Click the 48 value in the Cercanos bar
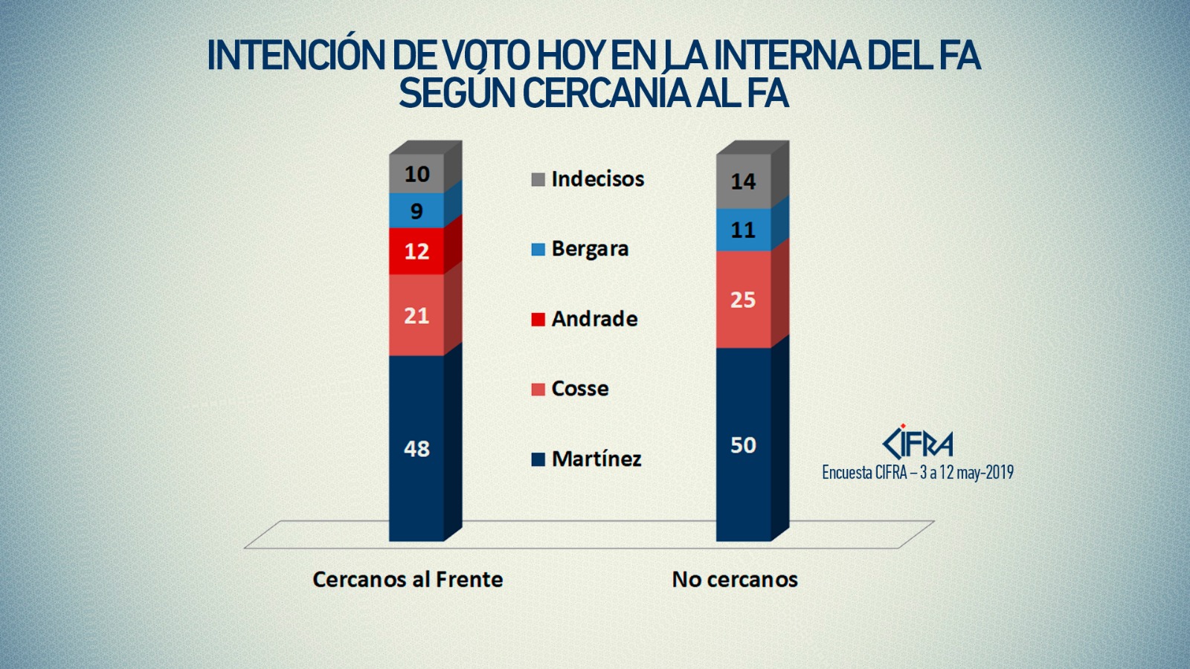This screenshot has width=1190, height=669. point(416,448)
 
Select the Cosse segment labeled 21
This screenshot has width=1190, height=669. point(416,316)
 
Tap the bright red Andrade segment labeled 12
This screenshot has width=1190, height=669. point(416,251)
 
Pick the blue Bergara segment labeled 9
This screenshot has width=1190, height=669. point(416,211)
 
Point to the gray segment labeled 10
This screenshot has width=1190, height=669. point(416,174)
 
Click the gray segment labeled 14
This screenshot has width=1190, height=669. point(743,181)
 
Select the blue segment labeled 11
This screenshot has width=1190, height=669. point(743,230)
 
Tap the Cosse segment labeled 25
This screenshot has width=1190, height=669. point(743,300)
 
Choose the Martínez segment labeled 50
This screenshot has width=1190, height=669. point(743,445)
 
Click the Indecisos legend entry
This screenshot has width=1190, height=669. point(588,179)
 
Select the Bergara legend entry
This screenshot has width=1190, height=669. point(580,249)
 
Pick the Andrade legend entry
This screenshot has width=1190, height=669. point(585,319)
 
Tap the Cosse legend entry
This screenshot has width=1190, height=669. point(570,389)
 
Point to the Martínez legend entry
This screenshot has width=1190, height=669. point(586,459)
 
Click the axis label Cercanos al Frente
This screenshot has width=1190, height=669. point(408,579)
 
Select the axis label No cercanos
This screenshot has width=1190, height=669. point(735,579)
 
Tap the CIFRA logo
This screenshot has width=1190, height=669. point(917,443)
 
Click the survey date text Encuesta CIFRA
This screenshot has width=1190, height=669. point(917,472)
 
